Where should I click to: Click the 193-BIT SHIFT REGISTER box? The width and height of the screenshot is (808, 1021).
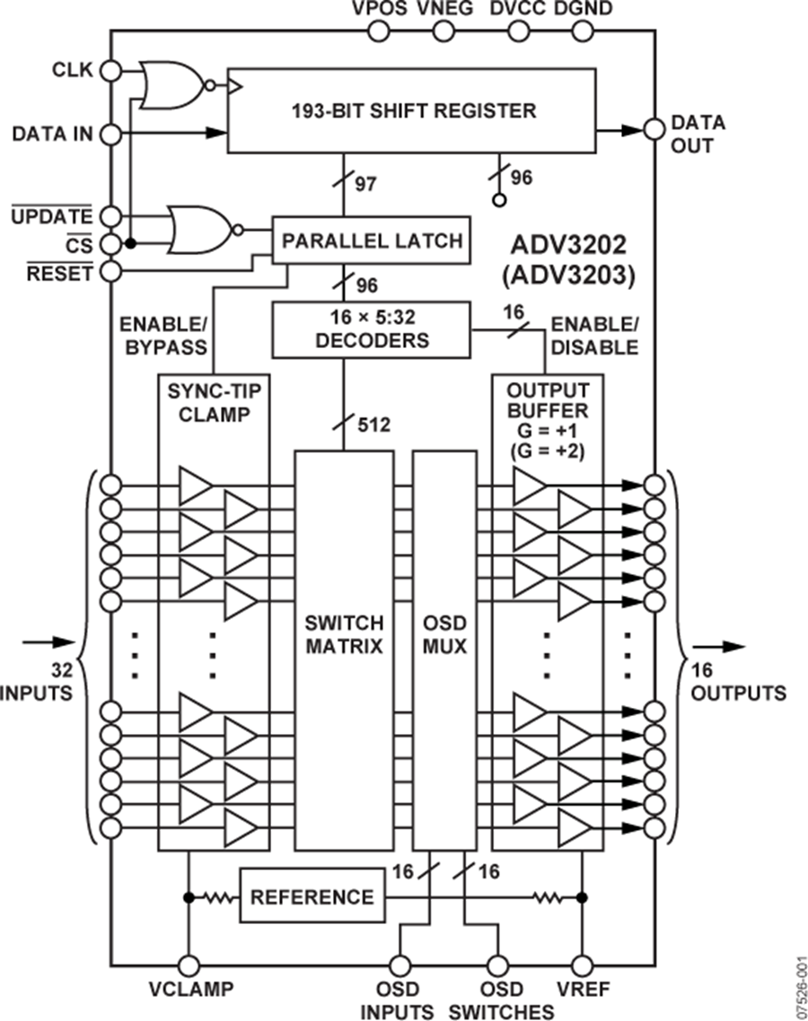click(413, 110)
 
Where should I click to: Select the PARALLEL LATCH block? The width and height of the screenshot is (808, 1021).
click(372, 240)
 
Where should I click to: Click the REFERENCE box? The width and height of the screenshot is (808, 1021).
click(311, 897)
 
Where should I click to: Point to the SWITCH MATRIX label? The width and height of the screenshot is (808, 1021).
click(345, 633)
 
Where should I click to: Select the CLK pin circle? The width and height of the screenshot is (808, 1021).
click(110, 71)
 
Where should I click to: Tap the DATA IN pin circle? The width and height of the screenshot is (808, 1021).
click(110, 134)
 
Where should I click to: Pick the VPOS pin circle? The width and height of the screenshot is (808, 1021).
click(380, 32)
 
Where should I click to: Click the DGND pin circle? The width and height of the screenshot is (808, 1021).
click(582, 32)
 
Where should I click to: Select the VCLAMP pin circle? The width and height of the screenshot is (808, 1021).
click(189, 965)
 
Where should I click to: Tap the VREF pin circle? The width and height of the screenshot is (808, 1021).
click(582, 965)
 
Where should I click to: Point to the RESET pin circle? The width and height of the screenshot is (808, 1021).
click(110, 270)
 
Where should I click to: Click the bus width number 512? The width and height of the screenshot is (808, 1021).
click(376, 424)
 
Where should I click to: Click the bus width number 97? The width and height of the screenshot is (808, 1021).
click(365, 184)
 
